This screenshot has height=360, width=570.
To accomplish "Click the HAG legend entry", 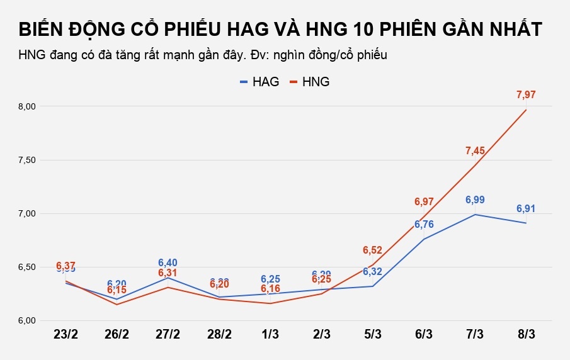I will tap(254, 82).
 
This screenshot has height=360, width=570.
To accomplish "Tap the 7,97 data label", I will tap(526, 95).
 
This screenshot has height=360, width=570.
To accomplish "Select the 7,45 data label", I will tap(475, 150).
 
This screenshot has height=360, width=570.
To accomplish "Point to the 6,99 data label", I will tap(475, 200).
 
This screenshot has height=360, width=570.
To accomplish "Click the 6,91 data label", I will tap(526, 208).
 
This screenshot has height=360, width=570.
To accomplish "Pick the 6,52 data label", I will tap(373, 250).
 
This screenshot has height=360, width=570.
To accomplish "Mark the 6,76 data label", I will tap(424, 225).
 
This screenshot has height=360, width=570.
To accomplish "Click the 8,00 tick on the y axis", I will tap(28, 107).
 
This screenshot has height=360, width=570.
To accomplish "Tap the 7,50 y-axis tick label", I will tap(28, 160).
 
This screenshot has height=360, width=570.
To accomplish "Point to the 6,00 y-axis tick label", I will tap(28, 321).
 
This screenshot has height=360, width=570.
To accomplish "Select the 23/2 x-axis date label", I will tap(66, 334).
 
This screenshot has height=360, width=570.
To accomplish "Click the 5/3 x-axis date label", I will tap(373, 334).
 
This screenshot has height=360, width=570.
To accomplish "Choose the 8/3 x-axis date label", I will tap(526, 334).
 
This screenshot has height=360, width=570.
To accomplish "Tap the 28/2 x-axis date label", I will tap(219, 334).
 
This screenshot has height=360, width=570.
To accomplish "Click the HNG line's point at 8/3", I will tap(526, 110).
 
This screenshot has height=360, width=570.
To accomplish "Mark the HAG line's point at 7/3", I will tap(475, 215).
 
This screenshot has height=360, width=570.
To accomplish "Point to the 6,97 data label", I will tap(424, 202).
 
